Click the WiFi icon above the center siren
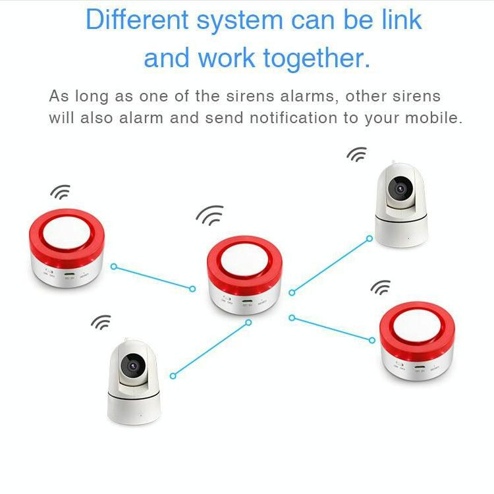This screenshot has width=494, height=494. tap(210, 215)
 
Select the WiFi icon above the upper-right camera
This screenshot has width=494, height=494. tap(356, 155)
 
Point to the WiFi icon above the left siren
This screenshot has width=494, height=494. tap(60, 192)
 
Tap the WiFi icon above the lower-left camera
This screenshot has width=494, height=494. tap(101, 322)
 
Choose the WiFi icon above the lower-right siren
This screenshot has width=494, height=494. tap(380, 288)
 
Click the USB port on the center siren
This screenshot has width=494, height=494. tap(247, 303)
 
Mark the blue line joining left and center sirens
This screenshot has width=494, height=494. tap(153, 277)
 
